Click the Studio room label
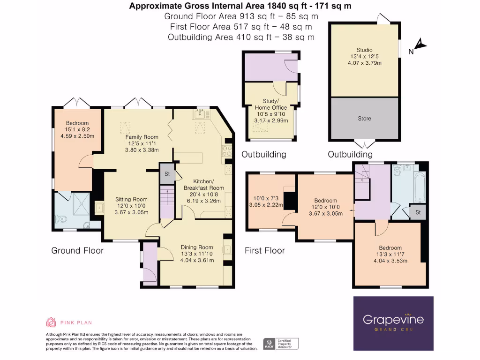364,50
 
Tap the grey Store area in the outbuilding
364,118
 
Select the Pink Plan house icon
51,322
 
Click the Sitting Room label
131,199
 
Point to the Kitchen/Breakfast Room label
204,184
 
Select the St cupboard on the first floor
415,212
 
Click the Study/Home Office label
271,104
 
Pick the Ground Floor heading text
77,251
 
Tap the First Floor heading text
264,251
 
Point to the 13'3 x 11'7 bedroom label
390,255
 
